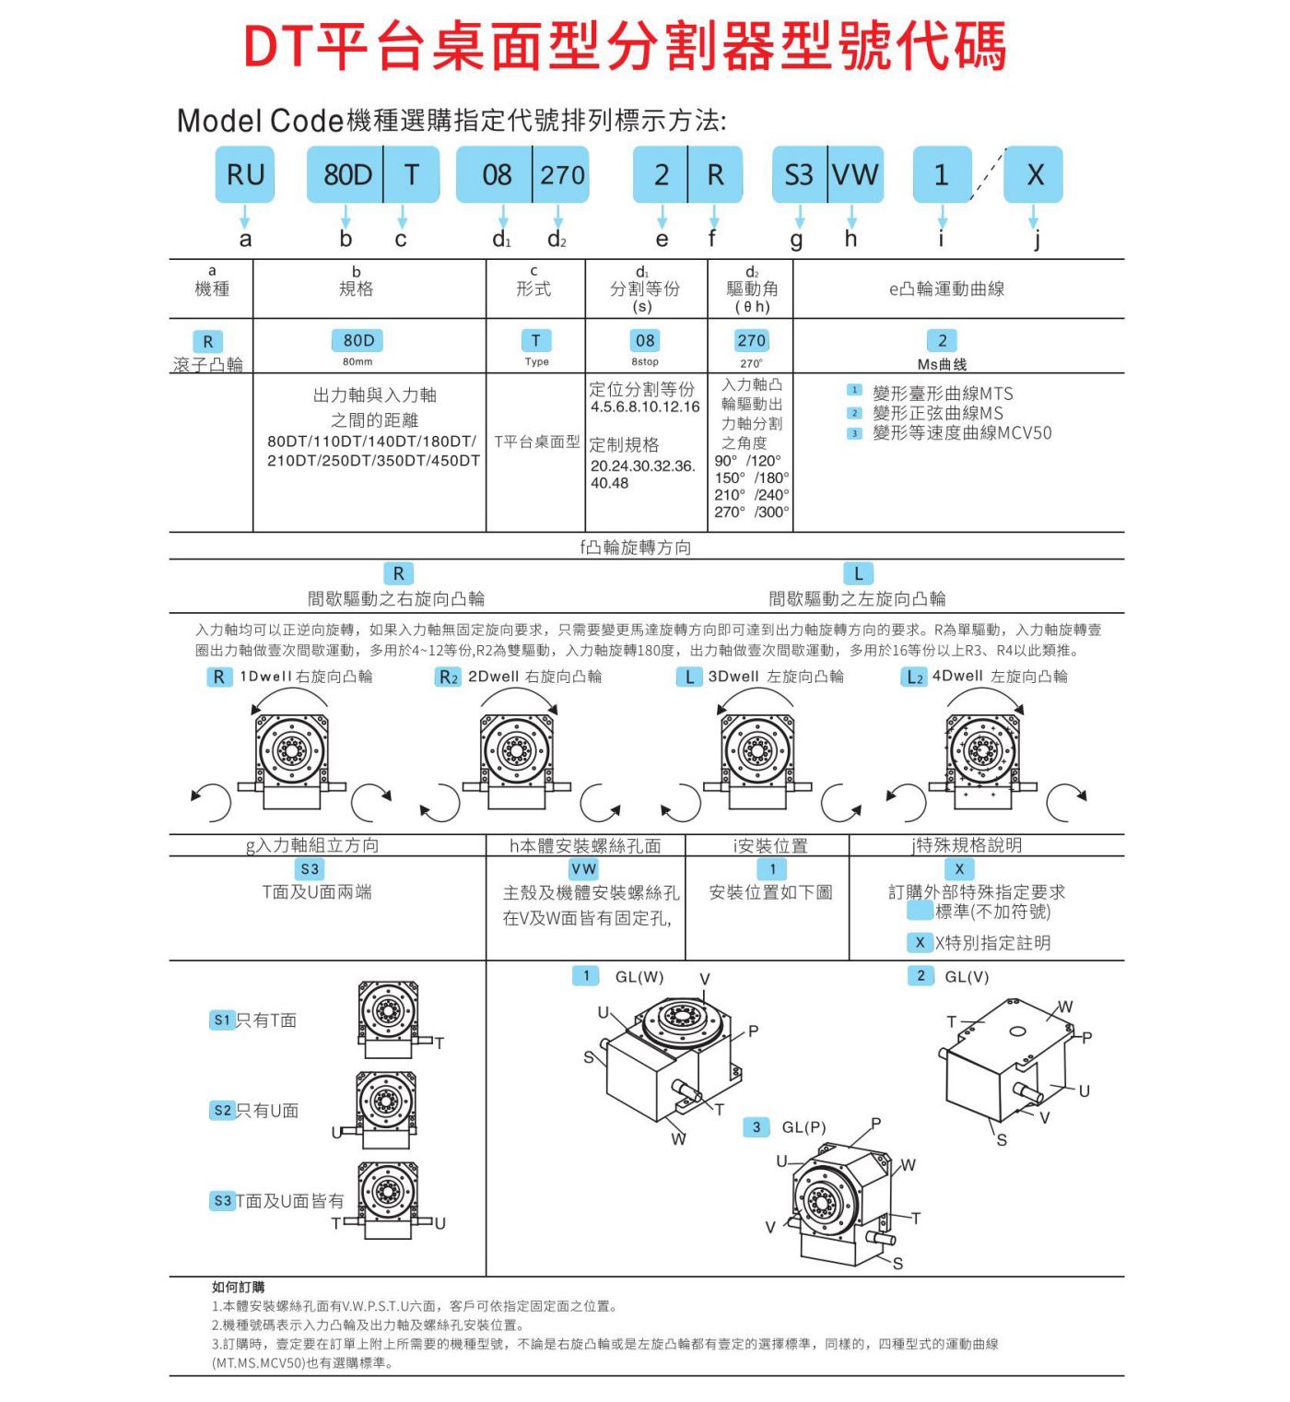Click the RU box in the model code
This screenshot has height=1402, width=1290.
[244, 174]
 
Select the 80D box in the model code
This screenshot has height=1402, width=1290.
[346, 174]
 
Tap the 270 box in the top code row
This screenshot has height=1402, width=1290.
[561, 174]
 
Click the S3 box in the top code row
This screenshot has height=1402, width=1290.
[799, 174]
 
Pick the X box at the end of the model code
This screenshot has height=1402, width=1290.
[1034, 174]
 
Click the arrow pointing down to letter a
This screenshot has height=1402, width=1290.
[244, 217]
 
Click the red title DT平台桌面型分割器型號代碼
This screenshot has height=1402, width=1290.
[625, 45]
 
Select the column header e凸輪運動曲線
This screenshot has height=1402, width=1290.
[946, 289]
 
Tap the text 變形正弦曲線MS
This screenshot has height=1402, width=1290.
[938, 413]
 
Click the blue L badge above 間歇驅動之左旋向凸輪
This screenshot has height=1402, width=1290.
[858, 573]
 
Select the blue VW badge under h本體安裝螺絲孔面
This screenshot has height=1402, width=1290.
[584, 869]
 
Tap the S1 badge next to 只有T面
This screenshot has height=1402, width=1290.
[222, 1020]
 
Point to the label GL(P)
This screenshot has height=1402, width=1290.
[803, 1127]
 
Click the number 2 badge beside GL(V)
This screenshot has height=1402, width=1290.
[921, 975]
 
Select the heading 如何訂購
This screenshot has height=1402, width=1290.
[238, 1287]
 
